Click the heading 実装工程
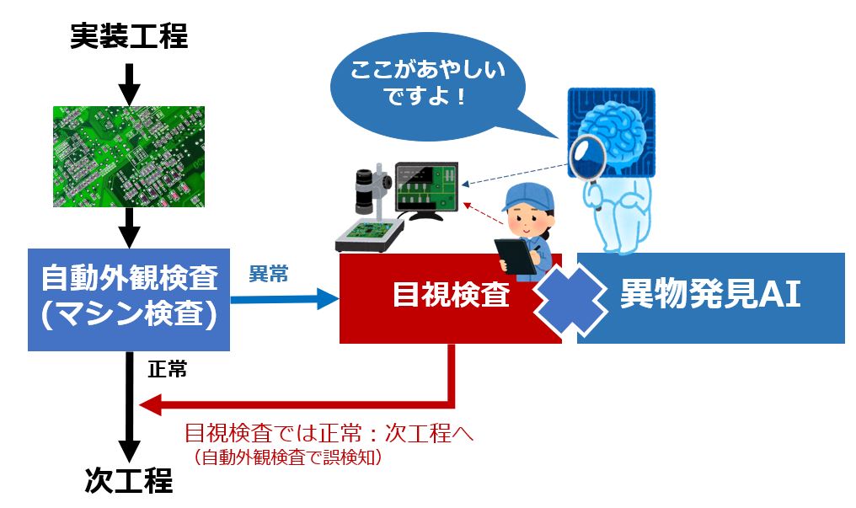(x=129, y=36)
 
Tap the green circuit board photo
(x=129, y=157)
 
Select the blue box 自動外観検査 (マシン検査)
(x=129, y=300)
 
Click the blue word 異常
(x=269, y=274)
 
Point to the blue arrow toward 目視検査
(x=285, y=300)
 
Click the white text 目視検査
(x=451, y=294)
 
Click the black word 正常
(x=168, y=369)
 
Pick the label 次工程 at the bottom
(x=129, y=481)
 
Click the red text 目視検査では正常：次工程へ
(x=329, y=433)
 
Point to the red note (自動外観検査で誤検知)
(x=287, y=457)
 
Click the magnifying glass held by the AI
(x=588, y=158)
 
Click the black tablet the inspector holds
(x=516, y=256)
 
